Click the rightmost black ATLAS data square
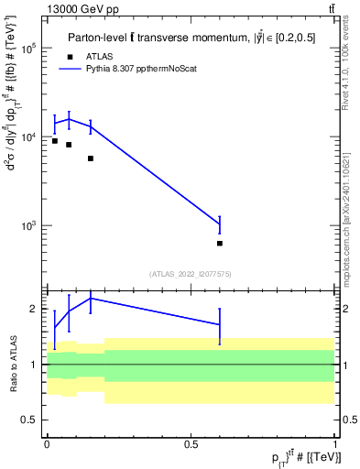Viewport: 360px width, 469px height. pos(220,244)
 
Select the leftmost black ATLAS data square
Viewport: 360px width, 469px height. pos(55,141)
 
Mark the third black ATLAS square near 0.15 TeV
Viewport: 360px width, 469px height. pos(91,158)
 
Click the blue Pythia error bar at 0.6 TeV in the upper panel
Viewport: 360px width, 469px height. pos(220,224)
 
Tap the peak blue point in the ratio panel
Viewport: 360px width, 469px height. pos(91,298)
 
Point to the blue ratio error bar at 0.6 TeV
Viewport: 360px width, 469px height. pos(220,324)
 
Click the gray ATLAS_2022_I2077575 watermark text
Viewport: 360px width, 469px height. pos(191,273)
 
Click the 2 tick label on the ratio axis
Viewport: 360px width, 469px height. pos(32,309)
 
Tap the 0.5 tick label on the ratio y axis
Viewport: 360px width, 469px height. pos(27,420)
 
